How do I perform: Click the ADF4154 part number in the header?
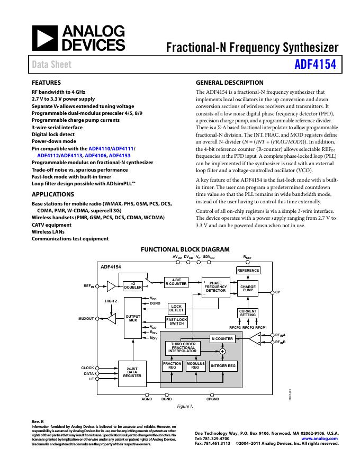tap(316, 65)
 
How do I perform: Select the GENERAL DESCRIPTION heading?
tap(229, 83)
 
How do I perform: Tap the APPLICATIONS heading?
tap(53, 194)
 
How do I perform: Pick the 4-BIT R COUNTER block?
tap(176, 282)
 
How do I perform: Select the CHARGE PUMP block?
tap(248, 288)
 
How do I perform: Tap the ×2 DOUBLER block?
tap(133, 285)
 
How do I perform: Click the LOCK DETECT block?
tap(176, 308)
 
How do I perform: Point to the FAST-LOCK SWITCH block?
tap(176, 321)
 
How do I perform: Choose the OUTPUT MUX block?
tap(132, 318)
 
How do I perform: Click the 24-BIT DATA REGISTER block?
tap(132, 372)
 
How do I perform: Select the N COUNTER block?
tap(222, 338)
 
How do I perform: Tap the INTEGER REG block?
tap(223, 365)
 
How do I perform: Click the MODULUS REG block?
tap(195, 365)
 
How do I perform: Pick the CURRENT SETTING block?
tap(248, 313)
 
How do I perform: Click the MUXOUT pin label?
tap(86, 319)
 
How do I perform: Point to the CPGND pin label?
tap(213, 399)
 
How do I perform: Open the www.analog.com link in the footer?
tap(320, 438)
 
